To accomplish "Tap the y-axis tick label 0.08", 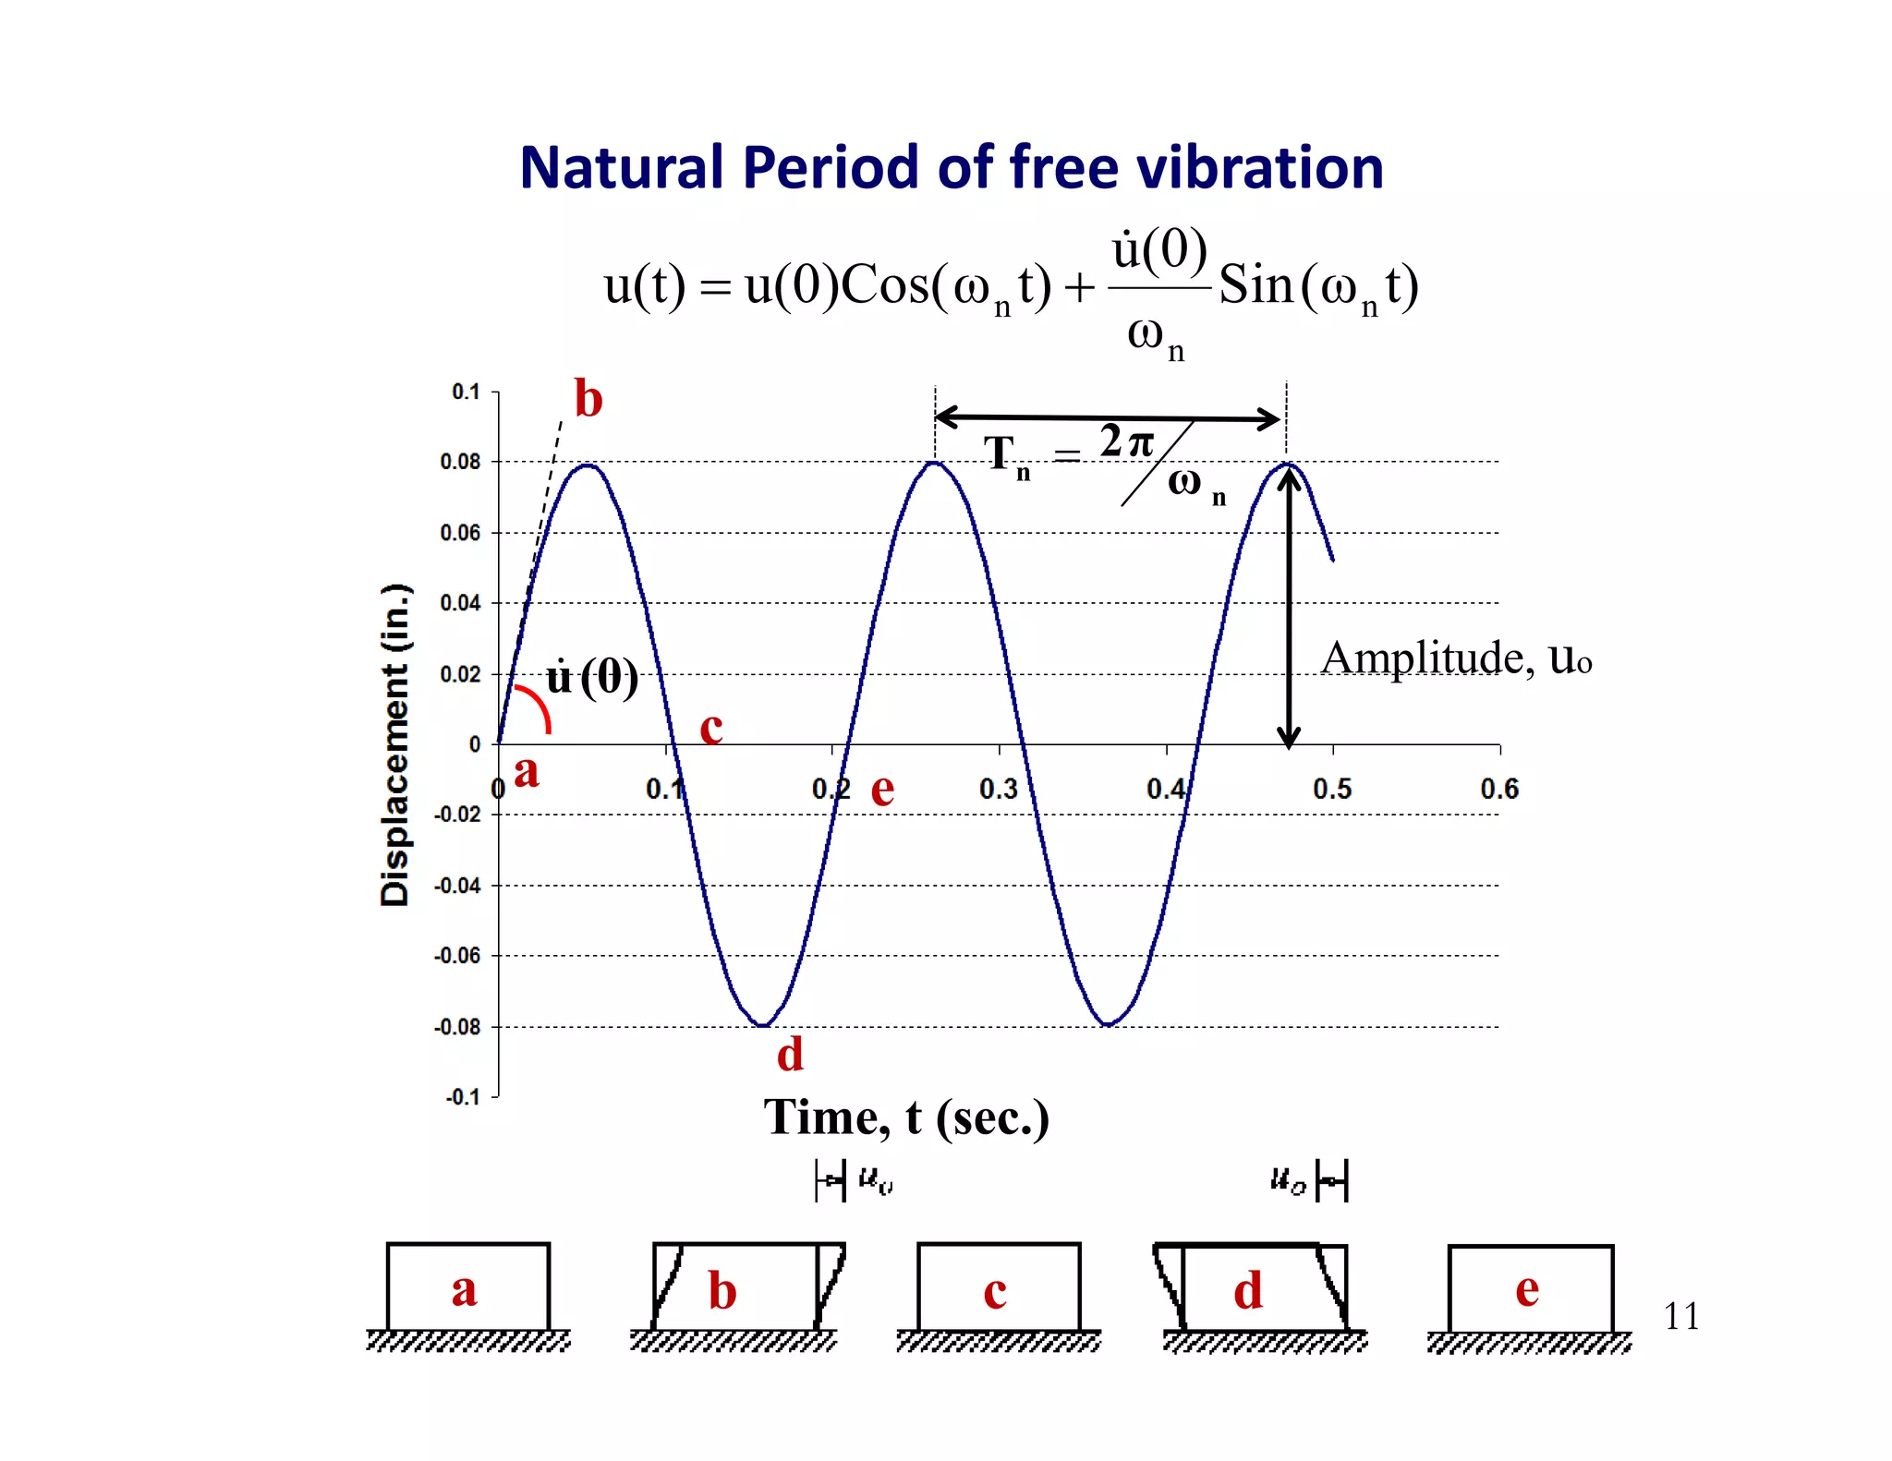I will pos(460,462).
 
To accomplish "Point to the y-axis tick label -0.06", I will pos(457,956).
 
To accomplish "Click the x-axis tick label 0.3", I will pos(999,789).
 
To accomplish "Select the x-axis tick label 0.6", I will pos(1498,789).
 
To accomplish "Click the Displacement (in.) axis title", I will pos(394,744).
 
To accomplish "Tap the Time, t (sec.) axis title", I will pos(906,1117).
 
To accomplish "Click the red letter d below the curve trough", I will pos(790,1054).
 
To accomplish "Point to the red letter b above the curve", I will pos(588,399).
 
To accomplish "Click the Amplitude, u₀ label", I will pos(1456,658).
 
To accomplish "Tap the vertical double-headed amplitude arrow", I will pos(1289,610).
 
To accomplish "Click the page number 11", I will pos(1680,1316).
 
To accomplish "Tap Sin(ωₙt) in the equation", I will pos(1317,285).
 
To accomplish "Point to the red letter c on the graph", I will pos(710,728).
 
